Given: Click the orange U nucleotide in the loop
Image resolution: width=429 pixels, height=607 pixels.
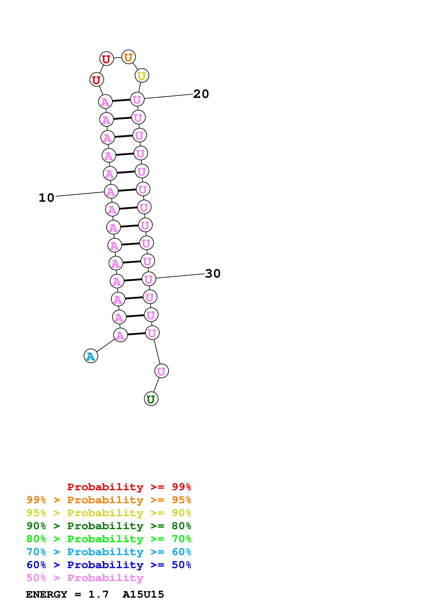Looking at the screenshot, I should click(x=128, y=57).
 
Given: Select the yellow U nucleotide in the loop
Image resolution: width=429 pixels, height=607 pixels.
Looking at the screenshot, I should click(x=142, y=76).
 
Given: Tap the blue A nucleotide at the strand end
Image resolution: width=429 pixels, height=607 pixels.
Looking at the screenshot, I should click(x=91, y=356).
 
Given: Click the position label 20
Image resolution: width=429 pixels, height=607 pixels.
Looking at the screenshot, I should click(x=201, y=94).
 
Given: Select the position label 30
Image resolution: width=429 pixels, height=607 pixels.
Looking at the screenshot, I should click(x=213, y=274).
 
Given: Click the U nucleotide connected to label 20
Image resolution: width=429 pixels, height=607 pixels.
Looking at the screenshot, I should click(x=137, y=99).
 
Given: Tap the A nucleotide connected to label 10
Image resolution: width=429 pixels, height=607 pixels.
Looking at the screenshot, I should click(x=111, y=191).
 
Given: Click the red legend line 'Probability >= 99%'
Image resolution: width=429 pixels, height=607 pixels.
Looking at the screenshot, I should click(x=129, y=487).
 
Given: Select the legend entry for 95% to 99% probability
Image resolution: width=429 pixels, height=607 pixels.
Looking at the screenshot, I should click(x=109, y=500).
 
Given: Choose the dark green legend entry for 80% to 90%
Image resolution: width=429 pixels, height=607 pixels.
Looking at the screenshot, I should click(x=109, y=526).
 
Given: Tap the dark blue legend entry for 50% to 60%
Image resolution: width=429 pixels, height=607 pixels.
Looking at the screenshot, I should click(x=109, y=565).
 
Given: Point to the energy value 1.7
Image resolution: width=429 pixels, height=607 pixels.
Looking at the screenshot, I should click(x=98, y=594).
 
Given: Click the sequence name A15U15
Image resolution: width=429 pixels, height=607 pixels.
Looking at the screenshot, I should click(x=143, y=594).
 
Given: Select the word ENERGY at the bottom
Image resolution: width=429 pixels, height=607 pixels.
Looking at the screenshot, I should click(x=47, y=594).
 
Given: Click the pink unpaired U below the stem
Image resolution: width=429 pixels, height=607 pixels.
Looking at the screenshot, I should click(x=161, y=371).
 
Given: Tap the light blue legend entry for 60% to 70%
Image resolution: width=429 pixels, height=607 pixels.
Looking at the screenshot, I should click(x=109, y=552).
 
